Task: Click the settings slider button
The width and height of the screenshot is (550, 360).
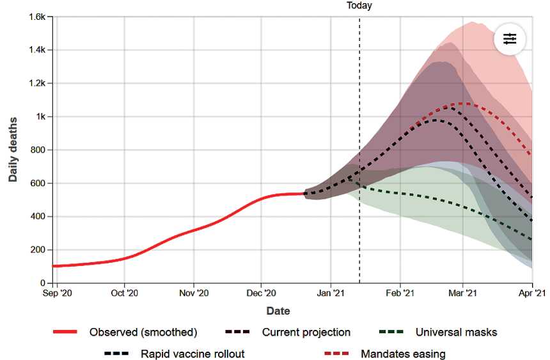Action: coord(509,39)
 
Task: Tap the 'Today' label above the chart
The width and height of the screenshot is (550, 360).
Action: coord(359,6)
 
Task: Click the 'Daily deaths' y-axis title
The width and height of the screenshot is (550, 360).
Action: coord(13,149)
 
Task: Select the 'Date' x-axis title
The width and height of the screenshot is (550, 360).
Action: coord(278,311)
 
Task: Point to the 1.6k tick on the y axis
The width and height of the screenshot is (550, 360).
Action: coord(35,17)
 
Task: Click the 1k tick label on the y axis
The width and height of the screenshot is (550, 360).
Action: coord(38,117)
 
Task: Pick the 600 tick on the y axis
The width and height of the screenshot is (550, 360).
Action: coord(36,184)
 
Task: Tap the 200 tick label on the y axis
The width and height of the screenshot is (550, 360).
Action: coord(36,250)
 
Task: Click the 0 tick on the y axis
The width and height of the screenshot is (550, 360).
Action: coord(42,283)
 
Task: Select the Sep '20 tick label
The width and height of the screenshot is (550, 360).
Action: coord(54,293)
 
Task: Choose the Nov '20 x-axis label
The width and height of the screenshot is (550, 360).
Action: coord(193,293)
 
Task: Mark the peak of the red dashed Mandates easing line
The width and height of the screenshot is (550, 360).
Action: coord(462,103)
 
